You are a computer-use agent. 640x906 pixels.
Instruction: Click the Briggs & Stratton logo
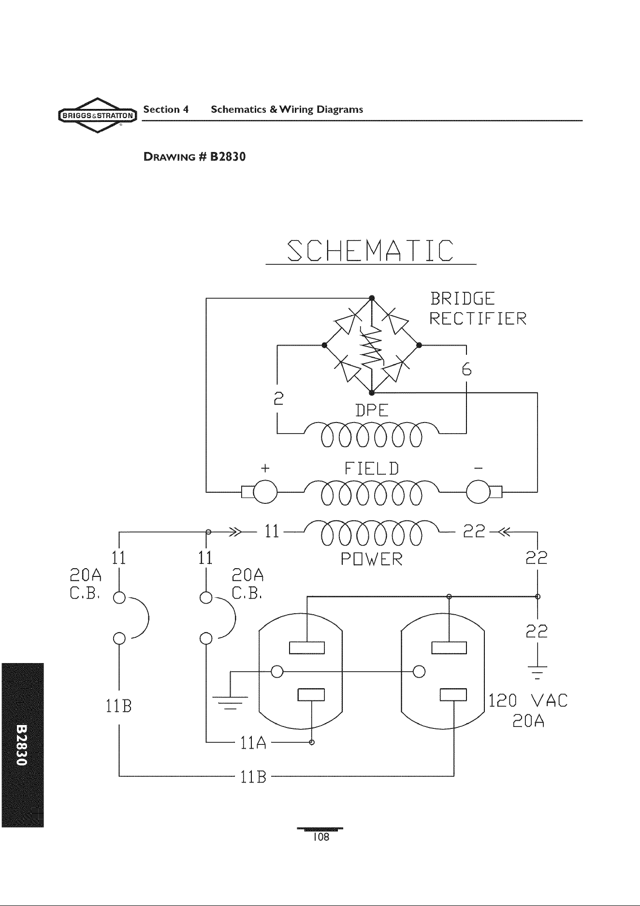tap(98, 115)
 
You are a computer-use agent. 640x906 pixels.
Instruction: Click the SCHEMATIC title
tap(371, 251)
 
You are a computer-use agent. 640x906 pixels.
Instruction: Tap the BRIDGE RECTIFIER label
tap(478, 308)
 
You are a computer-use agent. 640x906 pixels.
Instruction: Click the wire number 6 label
tap(466, 369)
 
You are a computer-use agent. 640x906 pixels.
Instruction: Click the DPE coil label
tap(372, 410)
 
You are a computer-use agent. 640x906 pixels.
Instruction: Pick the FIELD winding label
tap(371, 468)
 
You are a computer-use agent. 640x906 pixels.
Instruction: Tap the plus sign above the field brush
tap(264, 468)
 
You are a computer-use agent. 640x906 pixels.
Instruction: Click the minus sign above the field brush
tap(478, 468)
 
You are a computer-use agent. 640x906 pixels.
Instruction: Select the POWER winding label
tap(371, 559)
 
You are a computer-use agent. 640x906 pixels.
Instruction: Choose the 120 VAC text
tap(528, 700)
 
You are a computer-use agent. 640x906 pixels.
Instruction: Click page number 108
tap(320, 838)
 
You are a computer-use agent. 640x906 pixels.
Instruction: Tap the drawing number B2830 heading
tap(195, 157)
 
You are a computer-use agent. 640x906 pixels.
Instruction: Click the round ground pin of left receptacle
tap(277, 672)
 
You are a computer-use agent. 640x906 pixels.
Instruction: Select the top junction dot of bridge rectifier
tap(371, 297)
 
